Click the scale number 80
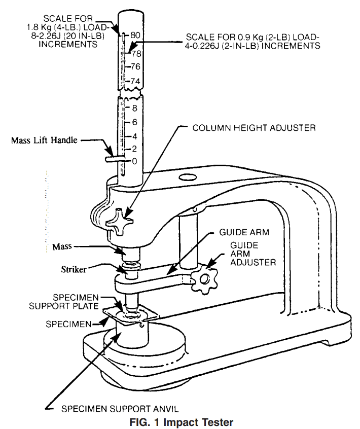(135, 35)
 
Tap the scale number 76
(135, 66)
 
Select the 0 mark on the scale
(134, 161)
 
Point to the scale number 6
(134, 122)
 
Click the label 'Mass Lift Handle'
(44, 140)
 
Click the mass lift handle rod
(115, 159)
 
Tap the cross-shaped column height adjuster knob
(120, 222)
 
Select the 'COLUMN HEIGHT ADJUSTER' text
(254, 128)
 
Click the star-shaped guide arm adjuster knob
(205, 279)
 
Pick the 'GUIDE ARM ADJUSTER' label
(253, 254)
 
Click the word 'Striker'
(74, 269)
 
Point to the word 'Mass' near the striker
(62, 246)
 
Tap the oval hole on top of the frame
(188, 177)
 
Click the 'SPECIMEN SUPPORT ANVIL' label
(120, 409)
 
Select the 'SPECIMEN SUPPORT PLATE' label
(64, 302)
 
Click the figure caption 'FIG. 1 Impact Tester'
(182, 422)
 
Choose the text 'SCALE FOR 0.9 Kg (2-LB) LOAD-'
(253, 37)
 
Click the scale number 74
(135, 81)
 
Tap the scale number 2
(134, 149)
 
